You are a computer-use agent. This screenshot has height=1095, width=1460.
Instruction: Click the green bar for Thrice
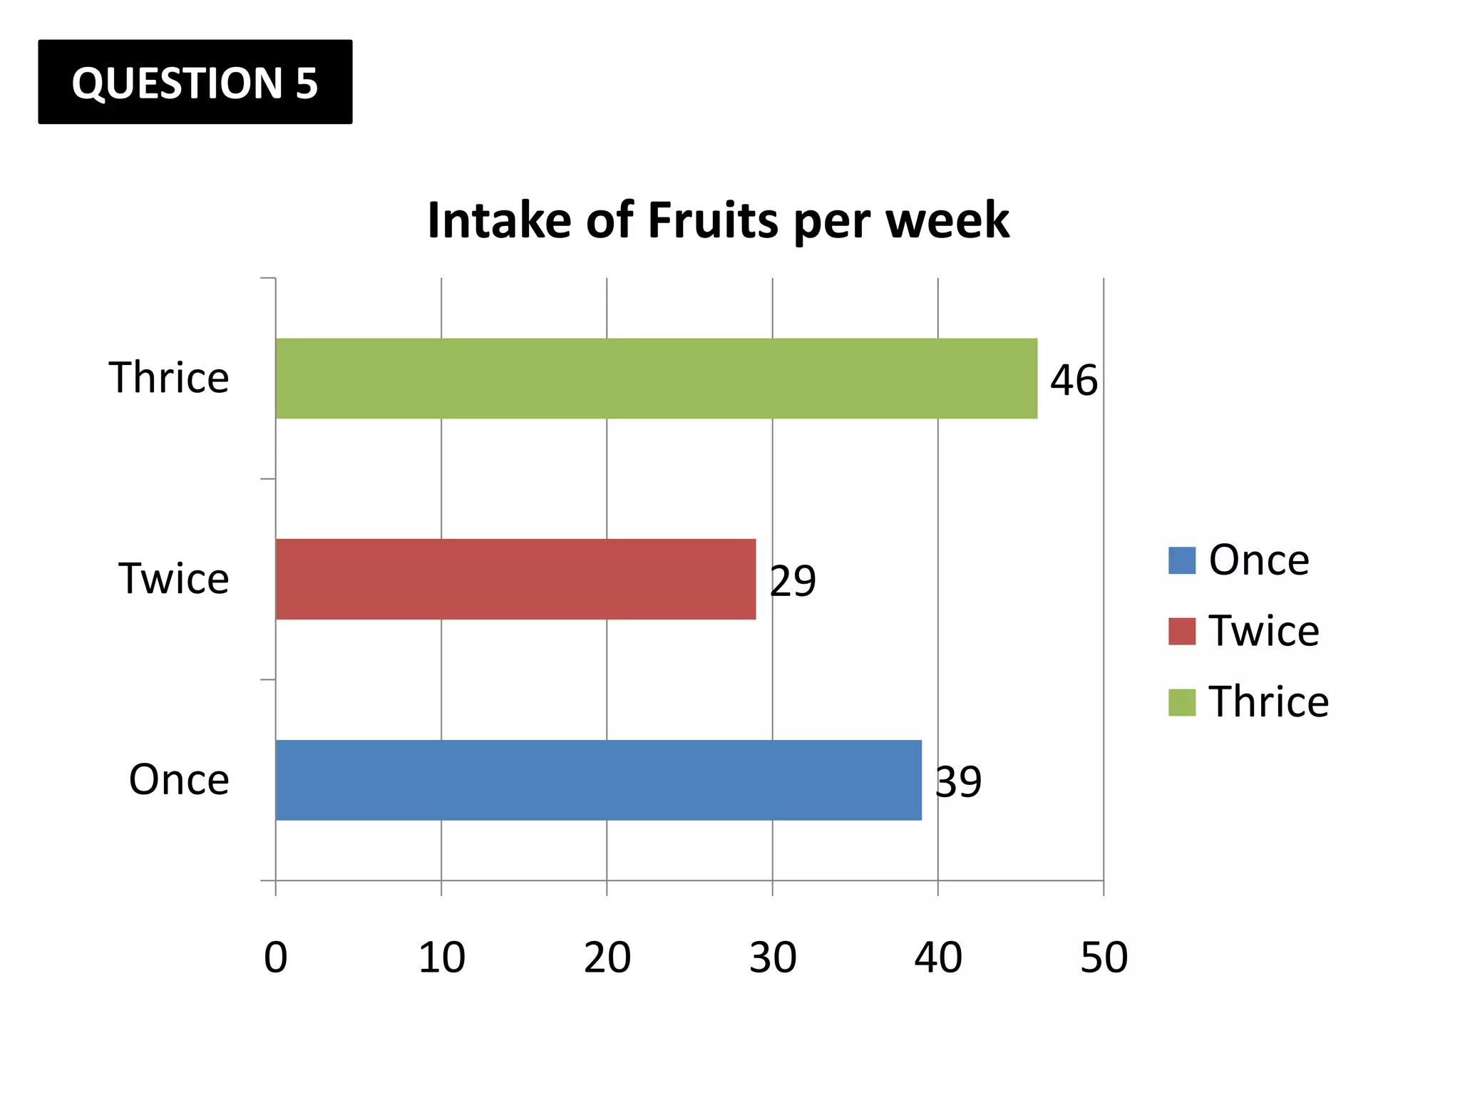pos(656,379)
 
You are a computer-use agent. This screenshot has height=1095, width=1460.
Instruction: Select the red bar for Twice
pos(515,579)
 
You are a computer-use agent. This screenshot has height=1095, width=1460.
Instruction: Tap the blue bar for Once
pos(598,780)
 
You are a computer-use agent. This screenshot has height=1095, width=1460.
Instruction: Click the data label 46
pos(1074,380)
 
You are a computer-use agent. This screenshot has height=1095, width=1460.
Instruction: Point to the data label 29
pos(793,581)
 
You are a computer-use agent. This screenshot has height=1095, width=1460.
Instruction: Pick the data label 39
pos(958,782)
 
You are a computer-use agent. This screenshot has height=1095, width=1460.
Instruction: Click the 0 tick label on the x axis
pos(276,957)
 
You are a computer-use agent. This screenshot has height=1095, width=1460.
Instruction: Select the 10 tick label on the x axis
pos(441,957)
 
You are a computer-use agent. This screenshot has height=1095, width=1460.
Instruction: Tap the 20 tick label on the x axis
pos(607,957)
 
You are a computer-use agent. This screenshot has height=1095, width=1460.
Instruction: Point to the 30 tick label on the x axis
pos(773,957)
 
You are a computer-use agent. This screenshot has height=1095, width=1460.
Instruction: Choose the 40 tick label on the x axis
pos(938,957)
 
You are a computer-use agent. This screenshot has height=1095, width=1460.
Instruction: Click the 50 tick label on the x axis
pos(1104,957)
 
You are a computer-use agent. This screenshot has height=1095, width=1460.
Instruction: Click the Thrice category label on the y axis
pos(169,377)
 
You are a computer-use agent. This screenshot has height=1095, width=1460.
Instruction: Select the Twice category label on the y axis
pos(174,578)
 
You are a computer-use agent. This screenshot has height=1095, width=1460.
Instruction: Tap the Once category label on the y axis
pos(179,779)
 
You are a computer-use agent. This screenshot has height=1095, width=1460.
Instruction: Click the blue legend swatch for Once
pos(1181,560)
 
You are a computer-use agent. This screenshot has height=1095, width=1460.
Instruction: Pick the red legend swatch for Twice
pos(1181,631)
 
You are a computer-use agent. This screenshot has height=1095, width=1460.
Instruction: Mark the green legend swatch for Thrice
pos(1181,702)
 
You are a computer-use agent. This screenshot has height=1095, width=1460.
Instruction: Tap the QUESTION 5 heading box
pos(195,82)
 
